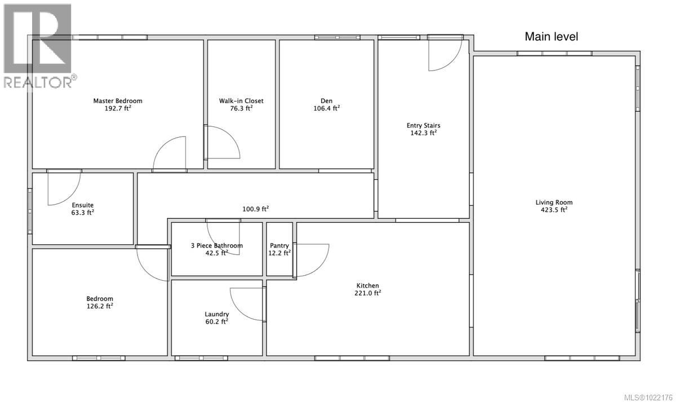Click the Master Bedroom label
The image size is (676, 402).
click(118, 101)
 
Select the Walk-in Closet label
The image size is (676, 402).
click(241, 101)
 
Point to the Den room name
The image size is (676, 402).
click(326, 101)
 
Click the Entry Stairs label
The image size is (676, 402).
click(423, 126)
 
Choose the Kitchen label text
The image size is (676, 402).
click(367, 286)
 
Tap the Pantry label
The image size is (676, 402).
click(279, 245)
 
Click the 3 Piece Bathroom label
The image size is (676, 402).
click(217, 245)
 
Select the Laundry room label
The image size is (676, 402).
click(217, 314)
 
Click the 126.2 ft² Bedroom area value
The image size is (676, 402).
click(100, 306)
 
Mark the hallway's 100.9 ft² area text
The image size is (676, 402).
click(255, 209)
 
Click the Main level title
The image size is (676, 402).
click(551, 37)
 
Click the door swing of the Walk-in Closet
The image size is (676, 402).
click(221, 142)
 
